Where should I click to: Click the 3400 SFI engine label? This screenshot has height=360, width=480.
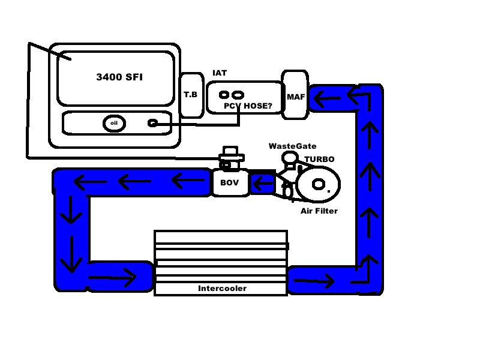pyautogui.click(x=119, y=77)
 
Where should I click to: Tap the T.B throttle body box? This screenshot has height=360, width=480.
pyautogui.click(x=191, y=95)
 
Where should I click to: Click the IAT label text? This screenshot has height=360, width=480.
pyautogui.click(x=220, y=73)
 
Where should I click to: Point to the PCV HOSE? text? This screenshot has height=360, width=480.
pyautogui.click(x=248, y=106)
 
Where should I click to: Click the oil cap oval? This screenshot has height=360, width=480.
pyautogui.click(x=114, y=123)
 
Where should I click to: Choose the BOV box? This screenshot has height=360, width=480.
pyautogui.click(x=230, y=182)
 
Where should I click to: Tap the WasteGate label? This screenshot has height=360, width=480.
pyautogui.click(x=292, y=146)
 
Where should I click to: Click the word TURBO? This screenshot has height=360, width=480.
pyautogui.click(x=319, y=160)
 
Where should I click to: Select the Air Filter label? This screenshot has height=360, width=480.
pyautogui.click(x=319, y=211)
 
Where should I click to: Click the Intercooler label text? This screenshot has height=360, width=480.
pyautogui.click(x=222, y=288)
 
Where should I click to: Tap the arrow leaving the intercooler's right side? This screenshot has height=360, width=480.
pyautogui.click(x=314, y=280)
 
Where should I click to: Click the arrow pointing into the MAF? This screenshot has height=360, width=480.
pyautogui.click(x=328, y=97)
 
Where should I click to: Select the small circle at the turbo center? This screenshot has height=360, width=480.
pyautogui.click(x=318, y=184)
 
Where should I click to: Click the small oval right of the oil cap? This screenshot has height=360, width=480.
pyautogui.click(x=153, y=123)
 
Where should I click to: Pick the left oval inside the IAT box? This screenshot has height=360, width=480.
pyautogui.click(x=224, y=95)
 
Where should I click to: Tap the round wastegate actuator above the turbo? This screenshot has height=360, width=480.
pyautogui.click(x=290, y=158)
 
